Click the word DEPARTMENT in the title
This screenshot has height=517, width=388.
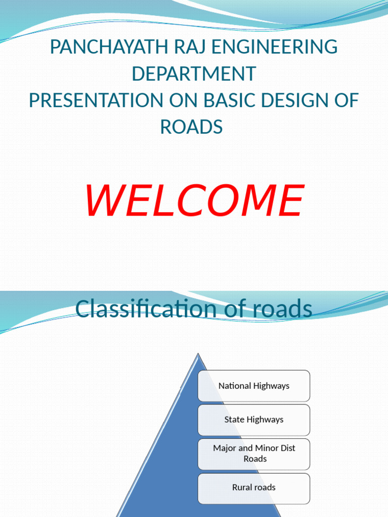click(x=193, y=74)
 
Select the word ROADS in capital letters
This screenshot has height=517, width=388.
click(x=191, y=127)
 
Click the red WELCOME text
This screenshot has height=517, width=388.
click(x=194, y=200)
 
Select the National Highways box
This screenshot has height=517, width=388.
click(x=254, y=386)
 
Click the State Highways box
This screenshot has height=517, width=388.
click(x=254, y=420)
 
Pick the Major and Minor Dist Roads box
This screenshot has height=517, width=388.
click(x=254, y=453)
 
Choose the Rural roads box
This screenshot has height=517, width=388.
click(x=254, y=487)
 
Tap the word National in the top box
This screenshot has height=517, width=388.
click(x=234, y=386)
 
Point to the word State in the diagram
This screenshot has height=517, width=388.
click(x=234, y=420)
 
